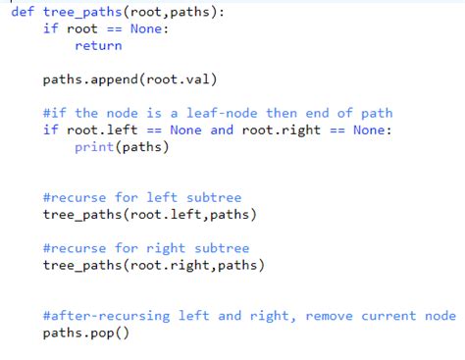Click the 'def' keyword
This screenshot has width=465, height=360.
click(23, 11)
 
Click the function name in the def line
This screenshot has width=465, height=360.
click(80, 11)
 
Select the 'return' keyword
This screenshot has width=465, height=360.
click(98, 45)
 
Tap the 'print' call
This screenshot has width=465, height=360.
click(94, 147)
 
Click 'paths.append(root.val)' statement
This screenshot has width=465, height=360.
click(129, 79)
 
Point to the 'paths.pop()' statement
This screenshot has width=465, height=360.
click(86, 334)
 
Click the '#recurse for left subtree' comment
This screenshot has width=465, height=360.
click(142, 197)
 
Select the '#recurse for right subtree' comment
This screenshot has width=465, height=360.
click(146, 248)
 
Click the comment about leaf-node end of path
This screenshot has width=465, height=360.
click(218, 113)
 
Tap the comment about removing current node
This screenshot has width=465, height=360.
click(249, 316)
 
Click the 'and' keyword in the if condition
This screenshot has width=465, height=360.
click(223, 129)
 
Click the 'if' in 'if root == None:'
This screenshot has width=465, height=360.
click(51, 28)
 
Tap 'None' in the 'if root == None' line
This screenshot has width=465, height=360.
click(150, 28)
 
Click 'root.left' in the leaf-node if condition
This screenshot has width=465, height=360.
click(104, 129)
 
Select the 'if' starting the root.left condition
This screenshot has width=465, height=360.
click(51, 129)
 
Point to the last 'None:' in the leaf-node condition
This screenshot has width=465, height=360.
click(372, 129)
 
